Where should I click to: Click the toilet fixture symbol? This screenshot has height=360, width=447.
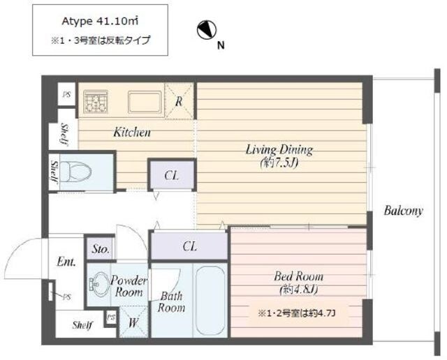click(76, 172)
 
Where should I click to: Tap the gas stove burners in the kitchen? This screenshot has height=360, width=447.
click(96, 101)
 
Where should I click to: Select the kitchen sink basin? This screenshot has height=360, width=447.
click(145, 102)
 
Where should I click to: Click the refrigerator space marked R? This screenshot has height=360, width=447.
click(179, 101)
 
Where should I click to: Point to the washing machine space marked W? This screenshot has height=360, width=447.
click(133, 322)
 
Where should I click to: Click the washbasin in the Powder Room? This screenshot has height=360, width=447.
click(98, 284)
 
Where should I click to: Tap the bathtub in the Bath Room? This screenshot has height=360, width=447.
click(210, 300)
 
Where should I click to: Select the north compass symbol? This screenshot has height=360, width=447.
click(207, 30)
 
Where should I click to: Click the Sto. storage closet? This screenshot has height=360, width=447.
click(101, 248)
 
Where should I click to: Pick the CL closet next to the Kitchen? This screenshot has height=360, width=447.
click(173, 174)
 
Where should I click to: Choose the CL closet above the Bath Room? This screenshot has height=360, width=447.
click(189, 246)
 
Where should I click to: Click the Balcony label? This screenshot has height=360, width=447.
click(403, 211)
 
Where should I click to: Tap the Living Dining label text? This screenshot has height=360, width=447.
click(279, 149)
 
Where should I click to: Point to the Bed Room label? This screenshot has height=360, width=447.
click(298, 276)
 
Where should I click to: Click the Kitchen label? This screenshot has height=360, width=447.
click(132, 132)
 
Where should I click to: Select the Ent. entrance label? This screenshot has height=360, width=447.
click(66, 261)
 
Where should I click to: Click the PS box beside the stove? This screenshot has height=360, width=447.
click(67, 94)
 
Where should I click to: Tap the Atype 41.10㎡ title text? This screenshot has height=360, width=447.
click(100, 22)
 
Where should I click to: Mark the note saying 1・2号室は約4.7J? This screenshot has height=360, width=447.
click(296, 313)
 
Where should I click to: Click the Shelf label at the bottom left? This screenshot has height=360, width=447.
click(82, 324)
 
